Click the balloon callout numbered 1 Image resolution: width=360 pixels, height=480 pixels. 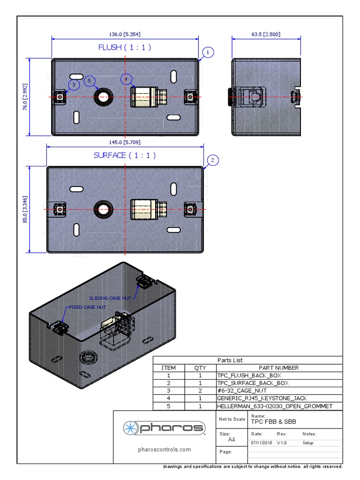tap(208, 52)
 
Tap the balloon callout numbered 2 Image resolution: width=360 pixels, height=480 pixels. tap(212, 161)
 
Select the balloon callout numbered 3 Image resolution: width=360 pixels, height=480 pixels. tap(73, 84)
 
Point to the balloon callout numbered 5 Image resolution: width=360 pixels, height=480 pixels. tap(90, 81)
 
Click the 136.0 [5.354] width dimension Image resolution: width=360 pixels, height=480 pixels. tap(125, 34)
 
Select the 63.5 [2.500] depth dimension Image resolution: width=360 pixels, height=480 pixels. tap(266, 34)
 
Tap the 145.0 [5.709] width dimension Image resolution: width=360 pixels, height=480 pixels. tap(125, 142)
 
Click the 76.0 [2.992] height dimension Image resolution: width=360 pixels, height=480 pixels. tap(26, 97)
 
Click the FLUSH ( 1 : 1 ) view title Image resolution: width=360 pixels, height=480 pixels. tap(125, 47)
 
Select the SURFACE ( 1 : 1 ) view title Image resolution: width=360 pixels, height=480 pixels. tap(125, 155)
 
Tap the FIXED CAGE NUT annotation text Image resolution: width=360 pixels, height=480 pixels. tap(87, 307)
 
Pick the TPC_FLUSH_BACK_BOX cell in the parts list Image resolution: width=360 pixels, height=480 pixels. tap(249, 375)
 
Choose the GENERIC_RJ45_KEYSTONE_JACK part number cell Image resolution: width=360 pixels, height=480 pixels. tap(262, 398)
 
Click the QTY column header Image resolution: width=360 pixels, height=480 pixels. tap(200, 368)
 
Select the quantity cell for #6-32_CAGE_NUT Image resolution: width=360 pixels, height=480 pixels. tap(200, 390)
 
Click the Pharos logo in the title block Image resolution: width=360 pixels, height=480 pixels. tap(165, 427)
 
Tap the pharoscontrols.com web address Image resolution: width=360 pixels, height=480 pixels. tap(165, 450)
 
